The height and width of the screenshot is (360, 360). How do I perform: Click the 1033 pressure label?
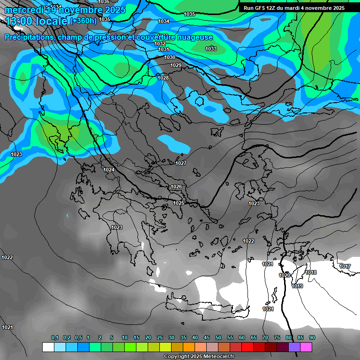pyautogui.click(x=211, y=49)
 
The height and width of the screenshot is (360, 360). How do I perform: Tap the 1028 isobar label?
pyautogui.click(x=163, y=78)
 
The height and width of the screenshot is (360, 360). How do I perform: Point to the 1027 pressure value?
pyautogui.click(x=181, y=163)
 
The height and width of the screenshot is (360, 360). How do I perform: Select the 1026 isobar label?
pyautogui.click(x=176, y=187)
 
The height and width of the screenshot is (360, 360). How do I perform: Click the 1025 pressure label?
pyautogui.click(x=179, y=203)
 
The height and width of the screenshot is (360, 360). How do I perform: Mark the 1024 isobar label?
pyautogui.click(x=109, y=170)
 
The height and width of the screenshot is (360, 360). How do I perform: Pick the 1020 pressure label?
pyautogui.click(x=285, y=275)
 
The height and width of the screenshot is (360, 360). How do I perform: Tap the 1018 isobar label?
pyautogui.click(x=311, y=272)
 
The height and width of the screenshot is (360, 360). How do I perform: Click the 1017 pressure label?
pyautogui.click(x=345, y=266)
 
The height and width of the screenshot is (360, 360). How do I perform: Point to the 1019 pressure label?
pyautogui.click(x=297, y=286)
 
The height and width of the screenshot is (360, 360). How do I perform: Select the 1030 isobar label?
pyautogui.click(x=170, y=57)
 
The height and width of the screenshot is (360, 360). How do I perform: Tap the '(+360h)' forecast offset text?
pyautogui.click(x=83, y=21)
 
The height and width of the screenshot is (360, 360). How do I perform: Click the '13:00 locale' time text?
pyautogui.click(x=36, y=21)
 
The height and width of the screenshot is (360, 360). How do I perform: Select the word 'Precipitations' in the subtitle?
pyautogui.click(x=30, y=37)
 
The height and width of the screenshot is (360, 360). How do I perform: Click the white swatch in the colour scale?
pyautogui.click(x=48, y=347)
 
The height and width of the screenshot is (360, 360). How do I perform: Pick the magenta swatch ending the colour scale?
pyautogui.click(x=306, y=347)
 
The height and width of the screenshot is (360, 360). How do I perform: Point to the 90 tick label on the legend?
pyautogui.click(x=312, y=337)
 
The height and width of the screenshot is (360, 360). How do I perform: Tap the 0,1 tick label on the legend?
pyautogui.click(x=55, y=337)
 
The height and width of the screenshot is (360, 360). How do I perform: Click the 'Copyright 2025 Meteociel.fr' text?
pyautogui.click(x=199, y=356)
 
